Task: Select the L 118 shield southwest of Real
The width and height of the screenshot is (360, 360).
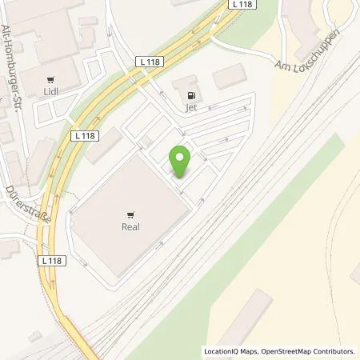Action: click(50, 261)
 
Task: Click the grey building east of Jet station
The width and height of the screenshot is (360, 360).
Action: click(229, 78)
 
